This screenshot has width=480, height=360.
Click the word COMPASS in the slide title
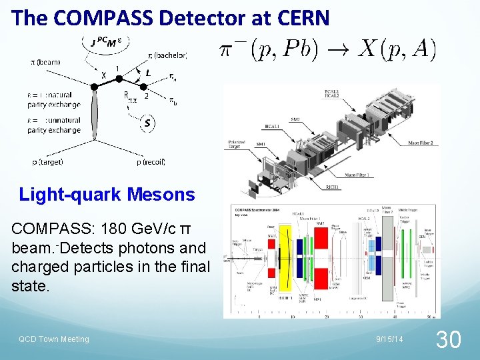(94, 18)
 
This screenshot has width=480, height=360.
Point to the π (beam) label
(45, 62)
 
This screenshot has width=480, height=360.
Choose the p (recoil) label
(151, 162)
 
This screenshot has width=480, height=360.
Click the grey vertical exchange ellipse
(96, 113)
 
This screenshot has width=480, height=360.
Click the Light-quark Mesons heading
(107, 195)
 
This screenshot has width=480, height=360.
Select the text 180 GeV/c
(136, 229)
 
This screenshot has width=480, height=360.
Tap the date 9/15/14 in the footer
(389, 339)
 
